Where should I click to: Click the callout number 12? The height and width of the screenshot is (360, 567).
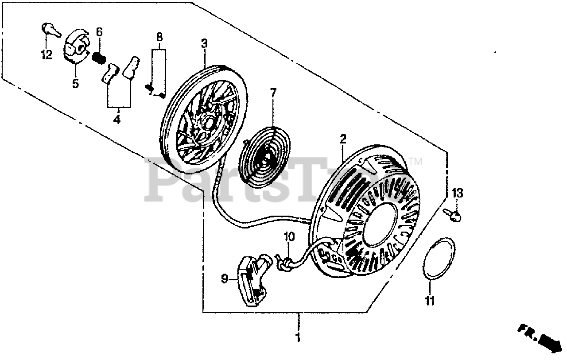pos(47,55)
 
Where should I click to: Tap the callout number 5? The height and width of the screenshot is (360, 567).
pos(75,83)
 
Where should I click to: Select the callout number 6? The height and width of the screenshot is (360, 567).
pos(99,32)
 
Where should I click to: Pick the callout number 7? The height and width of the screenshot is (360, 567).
pos(273,93)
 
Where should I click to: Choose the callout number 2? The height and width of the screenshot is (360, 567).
pos(342,139)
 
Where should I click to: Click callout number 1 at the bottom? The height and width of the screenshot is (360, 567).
pos(298,337)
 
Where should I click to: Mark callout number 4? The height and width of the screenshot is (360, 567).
pos(117,120)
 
